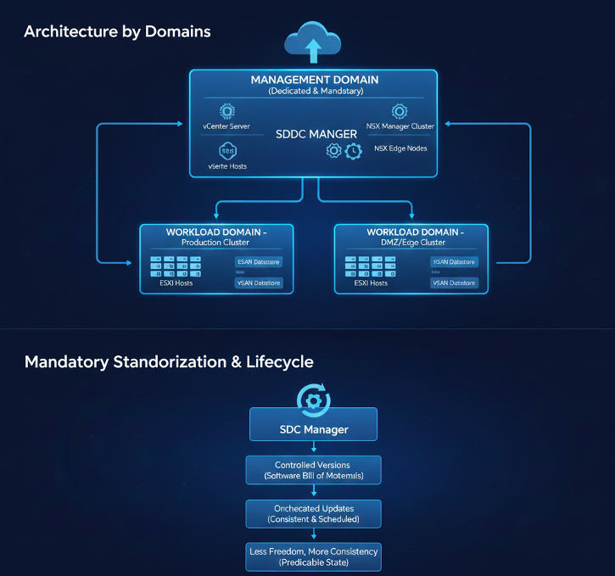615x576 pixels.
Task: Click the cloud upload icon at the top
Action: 313,42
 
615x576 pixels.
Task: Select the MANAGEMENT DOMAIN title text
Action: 314,80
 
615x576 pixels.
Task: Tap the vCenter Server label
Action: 227,126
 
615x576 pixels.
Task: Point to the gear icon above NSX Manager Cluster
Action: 399,111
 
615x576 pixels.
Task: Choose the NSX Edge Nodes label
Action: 400,148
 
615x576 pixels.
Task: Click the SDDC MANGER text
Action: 316,134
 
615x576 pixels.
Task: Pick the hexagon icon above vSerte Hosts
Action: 227,151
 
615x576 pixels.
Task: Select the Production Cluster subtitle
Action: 215,243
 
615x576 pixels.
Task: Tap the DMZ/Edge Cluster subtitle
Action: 411,243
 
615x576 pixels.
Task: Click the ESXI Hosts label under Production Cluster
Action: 176,282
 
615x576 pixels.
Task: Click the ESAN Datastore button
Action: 258,262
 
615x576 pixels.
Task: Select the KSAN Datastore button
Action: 454,262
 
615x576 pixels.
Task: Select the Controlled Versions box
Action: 313,470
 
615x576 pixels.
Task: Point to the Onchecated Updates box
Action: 313,513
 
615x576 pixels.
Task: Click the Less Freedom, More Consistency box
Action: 313,556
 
